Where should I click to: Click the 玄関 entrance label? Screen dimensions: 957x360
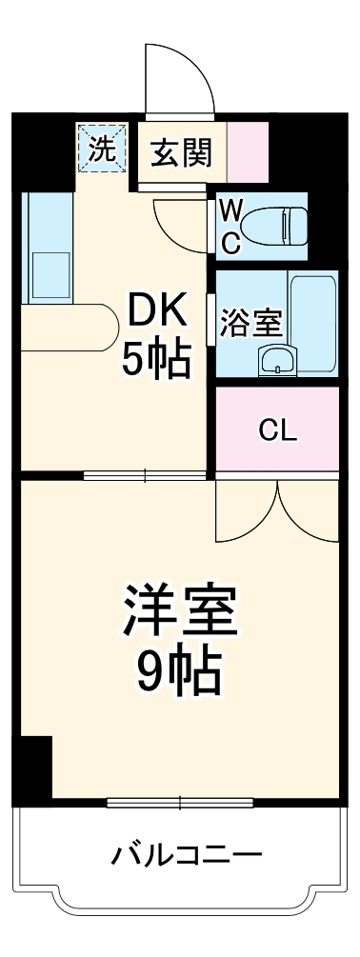pos(181,151)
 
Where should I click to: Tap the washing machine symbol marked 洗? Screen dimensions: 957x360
pos(102,149)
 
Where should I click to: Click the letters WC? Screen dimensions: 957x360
pos(230,227)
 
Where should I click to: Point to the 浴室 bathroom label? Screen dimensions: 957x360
pos(250,323)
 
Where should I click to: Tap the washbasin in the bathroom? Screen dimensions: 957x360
pos(278,361)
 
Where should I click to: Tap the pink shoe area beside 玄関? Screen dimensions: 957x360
pos(247,151)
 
